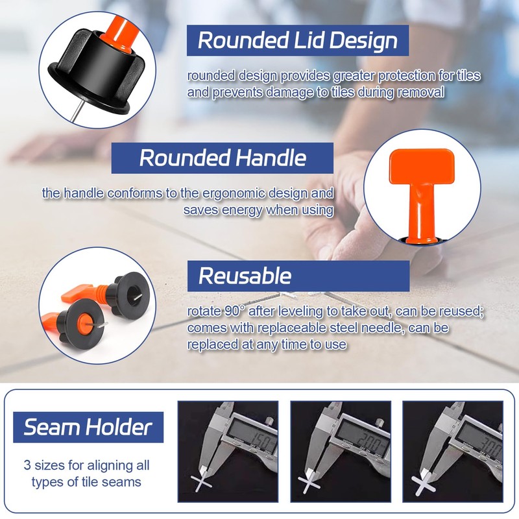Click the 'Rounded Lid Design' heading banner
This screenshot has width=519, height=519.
(x=297, y=40)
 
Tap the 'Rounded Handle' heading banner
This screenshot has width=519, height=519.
(x=223, y=158)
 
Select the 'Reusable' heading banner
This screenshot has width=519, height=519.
(x=298, y=276)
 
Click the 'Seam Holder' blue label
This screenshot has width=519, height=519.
(x=88, y=427)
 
